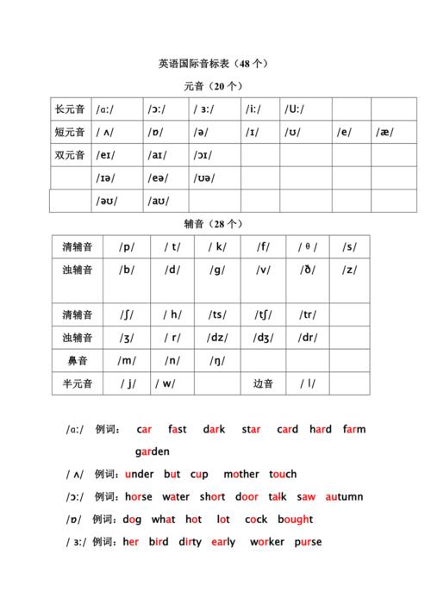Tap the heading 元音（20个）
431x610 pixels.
pos(215,87)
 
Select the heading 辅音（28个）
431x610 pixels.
pos(215,224)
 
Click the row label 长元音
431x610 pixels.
pos(70,110)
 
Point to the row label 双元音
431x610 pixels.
pos(70,156)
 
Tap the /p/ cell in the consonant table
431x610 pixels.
pos(128,246)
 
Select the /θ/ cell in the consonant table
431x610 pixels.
pos(308,246)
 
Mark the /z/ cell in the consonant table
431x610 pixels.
pos(349,269)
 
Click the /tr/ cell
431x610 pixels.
pos(308,314)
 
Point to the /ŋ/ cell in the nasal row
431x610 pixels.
pos(217,361)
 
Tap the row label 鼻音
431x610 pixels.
pos(78,361)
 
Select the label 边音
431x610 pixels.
pos(263,383)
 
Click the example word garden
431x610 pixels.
pos(153,451)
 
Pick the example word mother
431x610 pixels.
pos(240,474)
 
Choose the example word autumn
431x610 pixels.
pos(345,497)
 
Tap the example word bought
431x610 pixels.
pos(295,520)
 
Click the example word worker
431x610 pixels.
pos(266,542)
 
